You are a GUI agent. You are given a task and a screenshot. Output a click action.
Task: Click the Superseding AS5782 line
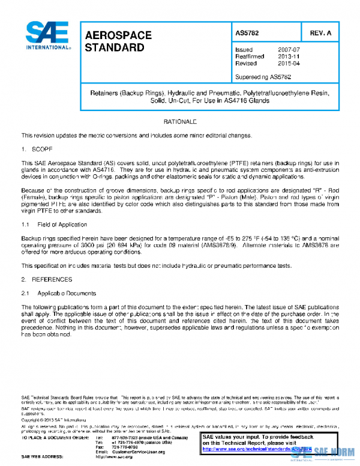[263, 77]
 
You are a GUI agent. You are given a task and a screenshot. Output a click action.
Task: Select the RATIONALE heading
[180, 122]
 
